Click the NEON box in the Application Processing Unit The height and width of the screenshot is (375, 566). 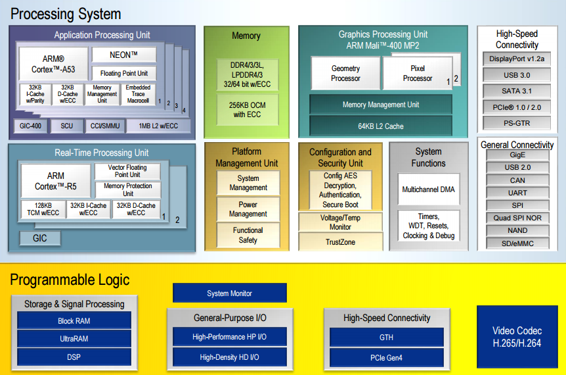coord(124,55)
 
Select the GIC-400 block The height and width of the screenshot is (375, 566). coord(30,126)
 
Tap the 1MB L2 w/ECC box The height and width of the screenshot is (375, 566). coord(158,126)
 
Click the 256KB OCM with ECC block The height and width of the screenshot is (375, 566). coord(248,110)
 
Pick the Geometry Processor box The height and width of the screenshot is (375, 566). coord(345,73)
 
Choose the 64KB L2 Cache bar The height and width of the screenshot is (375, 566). coord(381,126)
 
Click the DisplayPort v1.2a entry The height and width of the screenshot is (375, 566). coord(517,59)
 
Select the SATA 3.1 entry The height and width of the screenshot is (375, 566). coord(517,91)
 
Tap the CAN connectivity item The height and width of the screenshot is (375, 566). coord(517,180)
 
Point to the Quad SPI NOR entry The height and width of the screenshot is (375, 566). coord(517,218)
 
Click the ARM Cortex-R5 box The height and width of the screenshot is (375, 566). coord(56,181)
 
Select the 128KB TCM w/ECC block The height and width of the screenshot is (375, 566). coord(43,209)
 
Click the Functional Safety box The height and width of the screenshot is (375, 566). coord(248,235)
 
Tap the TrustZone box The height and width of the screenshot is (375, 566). coord(340,242)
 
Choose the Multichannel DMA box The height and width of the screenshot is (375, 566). coord(429,189)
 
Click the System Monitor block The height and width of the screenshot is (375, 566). coord(230,293)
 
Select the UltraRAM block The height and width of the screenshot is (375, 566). coord(74,339)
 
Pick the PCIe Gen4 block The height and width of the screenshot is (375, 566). coord(386,358)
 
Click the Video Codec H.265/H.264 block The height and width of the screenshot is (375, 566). coord(517,337)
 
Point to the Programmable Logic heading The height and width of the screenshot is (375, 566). coord(70,280)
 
